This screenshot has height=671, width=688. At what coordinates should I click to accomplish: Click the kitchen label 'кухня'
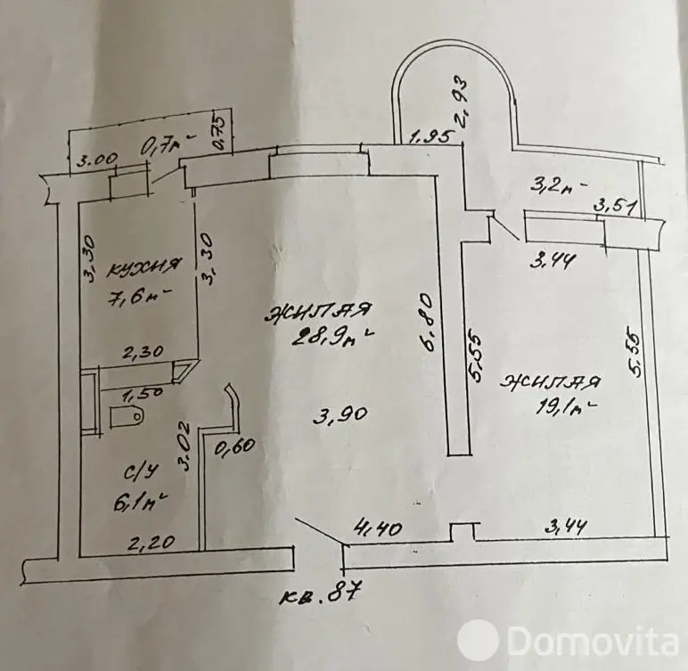pos(144,266)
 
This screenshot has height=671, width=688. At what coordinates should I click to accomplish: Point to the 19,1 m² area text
pos(553,412)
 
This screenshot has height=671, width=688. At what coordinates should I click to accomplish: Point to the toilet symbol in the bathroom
pos(126,414)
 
